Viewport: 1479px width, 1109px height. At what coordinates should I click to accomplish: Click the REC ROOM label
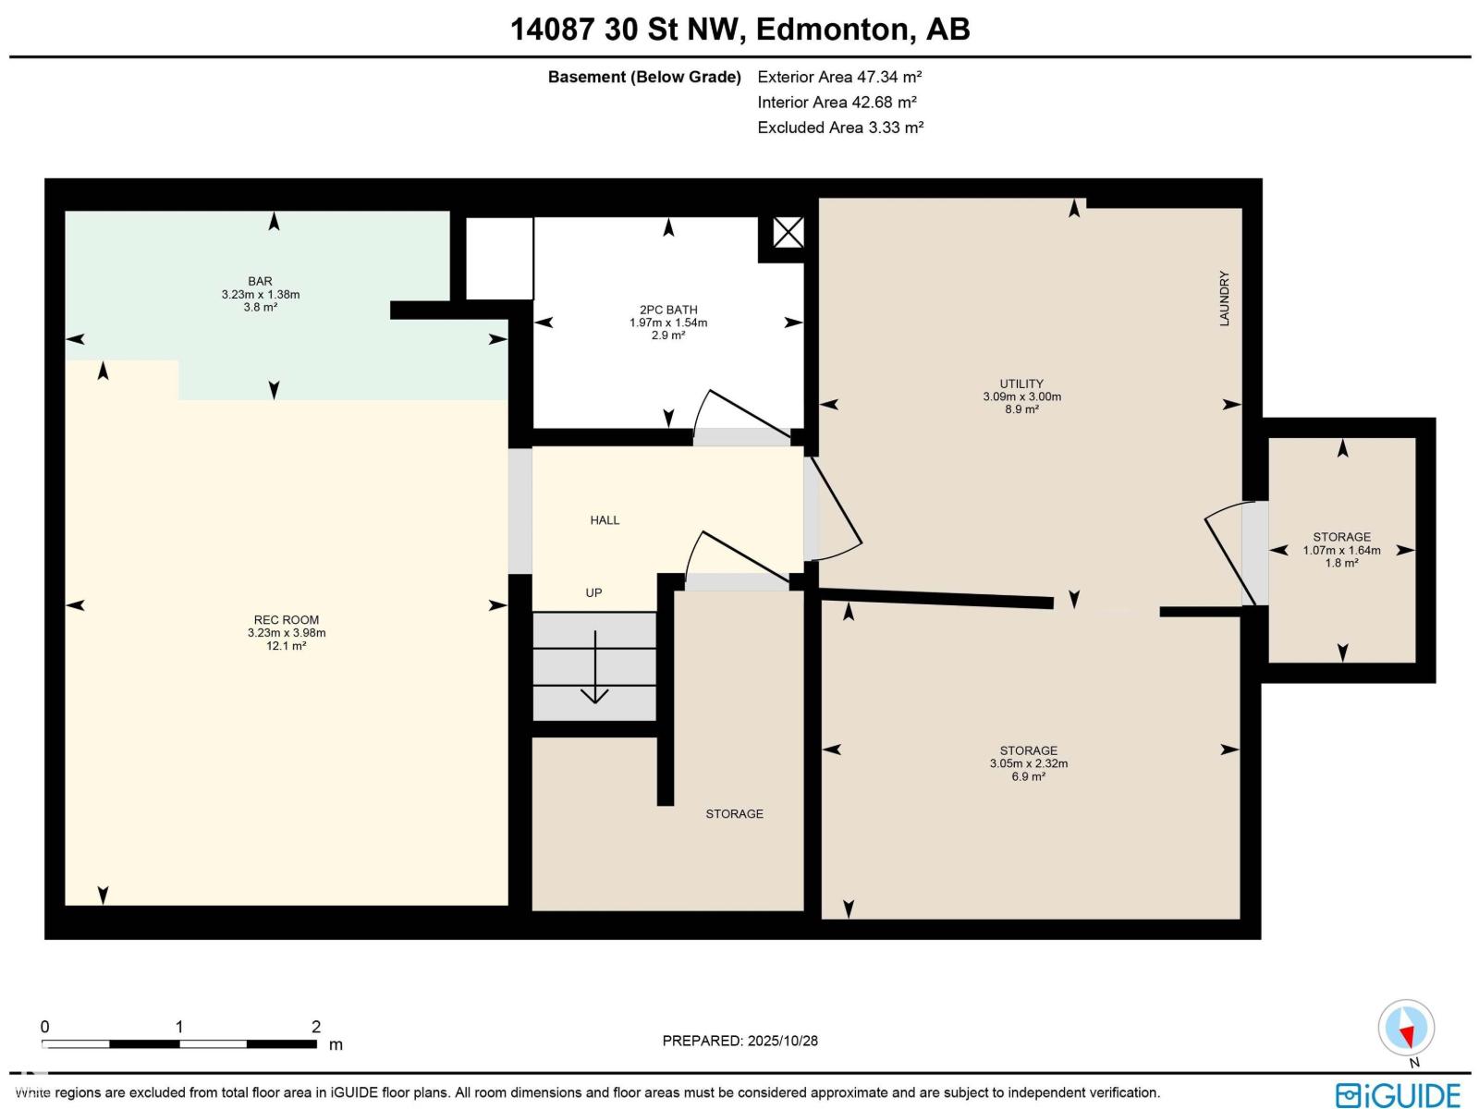pos(287,620)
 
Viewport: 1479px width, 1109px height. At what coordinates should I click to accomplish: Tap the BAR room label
pos(260,281)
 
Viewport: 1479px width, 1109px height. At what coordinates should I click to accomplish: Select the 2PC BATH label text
pos(668,310)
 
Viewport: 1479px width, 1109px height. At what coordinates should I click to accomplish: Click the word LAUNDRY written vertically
pos(1224,298)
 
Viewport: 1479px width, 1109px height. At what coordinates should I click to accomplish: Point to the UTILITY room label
pos(1021,384)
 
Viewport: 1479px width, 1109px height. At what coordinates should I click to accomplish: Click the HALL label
pos(605,520)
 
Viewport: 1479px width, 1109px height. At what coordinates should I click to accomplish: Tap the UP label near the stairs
pos(593,592)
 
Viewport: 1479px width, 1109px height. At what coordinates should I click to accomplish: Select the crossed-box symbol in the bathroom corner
pos(788,232)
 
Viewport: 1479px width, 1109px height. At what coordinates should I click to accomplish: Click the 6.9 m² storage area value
pos(1028,777)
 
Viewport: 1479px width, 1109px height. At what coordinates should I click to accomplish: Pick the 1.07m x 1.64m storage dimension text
pos(1341,550)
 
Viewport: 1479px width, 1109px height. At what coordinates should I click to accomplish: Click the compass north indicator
pos(1406,1029)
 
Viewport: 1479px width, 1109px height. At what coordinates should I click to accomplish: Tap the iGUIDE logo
pos(1397,1094)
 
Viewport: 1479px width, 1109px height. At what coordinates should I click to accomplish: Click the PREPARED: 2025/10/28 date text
pos(739,1041)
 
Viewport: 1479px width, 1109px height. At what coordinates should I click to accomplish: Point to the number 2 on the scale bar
pos(316,1027)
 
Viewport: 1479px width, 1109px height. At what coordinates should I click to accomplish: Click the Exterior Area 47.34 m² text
pos(839,77)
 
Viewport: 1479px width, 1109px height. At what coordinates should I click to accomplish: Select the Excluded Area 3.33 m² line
pos(839,128)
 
